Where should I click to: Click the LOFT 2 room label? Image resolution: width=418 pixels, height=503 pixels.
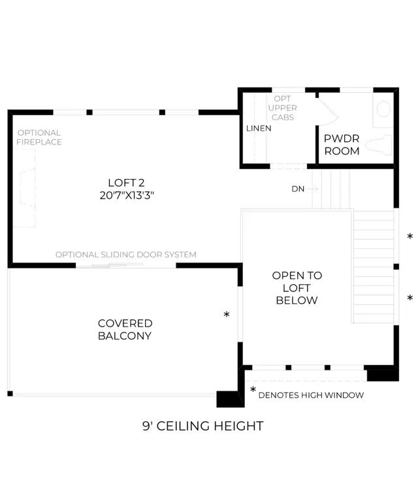pyautogui.click(x=126, y=182)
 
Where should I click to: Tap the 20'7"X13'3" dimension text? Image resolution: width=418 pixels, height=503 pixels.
pyautogui.click(x=127, y=195)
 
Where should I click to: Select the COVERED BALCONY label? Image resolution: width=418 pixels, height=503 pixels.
pyautogui.click(x=125, y=329)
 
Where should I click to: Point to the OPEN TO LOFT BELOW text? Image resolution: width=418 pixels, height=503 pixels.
pyautogui.click(x=297, y=287)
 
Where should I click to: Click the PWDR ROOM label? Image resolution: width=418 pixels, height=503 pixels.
pyautogui.click(x=342, y=144)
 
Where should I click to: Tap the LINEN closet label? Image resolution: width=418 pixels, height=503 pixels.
pyautogui.click(x=259, y=128)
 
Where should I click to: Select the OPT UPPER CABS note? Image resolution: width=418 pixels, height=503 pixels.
pyautogui.click(x=283, y=108)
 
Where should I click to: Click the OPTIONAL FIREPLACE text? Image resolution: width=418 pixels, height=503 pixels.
pyautogui.click(x=39, y=137)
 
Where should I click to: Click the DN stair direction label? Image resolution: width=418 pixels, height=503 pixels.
pyautogui.click(x=298, y=189)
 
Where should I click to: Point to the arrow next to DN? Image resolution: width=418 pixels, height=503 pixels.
pyautogui.click(x=312, y=189)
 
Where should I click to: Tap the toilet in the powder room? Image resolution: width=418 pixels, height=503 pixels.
pyautogui.click(x=379, y=145)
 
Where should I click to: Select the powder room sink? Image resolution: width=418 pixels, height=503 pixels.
pyautogui.click(x=383, y=109)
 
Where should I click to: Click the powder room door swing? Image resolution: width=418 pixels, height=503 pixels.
pyautogui.click(x=327, y=111)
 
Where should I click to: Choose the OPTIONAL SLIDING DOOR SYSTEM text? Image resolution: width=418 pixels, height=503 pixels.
pyautogui.click(x=126, y=255)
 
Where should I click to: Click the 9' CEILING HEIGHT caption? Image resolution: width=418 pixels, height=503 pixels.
pyautogui.click(x=203, y=426)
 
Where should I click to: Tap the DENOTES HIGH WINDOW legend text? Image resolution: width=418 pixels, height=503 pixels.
pyautogui.click(x=311, y=395)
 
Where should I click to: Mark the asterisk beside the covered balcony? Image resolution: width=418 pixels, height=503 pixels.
pyautogui.click(x=227, y=314)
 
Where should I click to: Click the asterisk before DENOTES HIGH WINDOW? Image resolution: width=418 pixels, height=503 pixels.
pyautogui.click(x=253, y=390)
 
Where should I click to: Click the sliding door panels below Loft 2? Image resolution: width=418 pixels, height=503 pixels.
pyautogui.click(x=118, y=265)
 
